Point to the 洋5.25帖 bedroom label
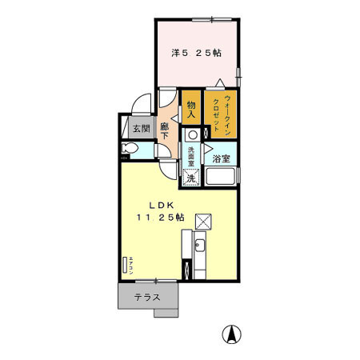click(196, 53)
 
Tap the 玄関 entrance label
click(141, 128)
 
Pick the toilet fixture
click(128, 150)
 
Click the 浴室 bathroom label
click(221, 158)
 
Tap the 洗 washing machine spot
click(191, 178)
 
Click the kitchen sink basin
click(201, 246)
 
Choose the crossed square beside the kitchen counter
click(204, 221)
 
